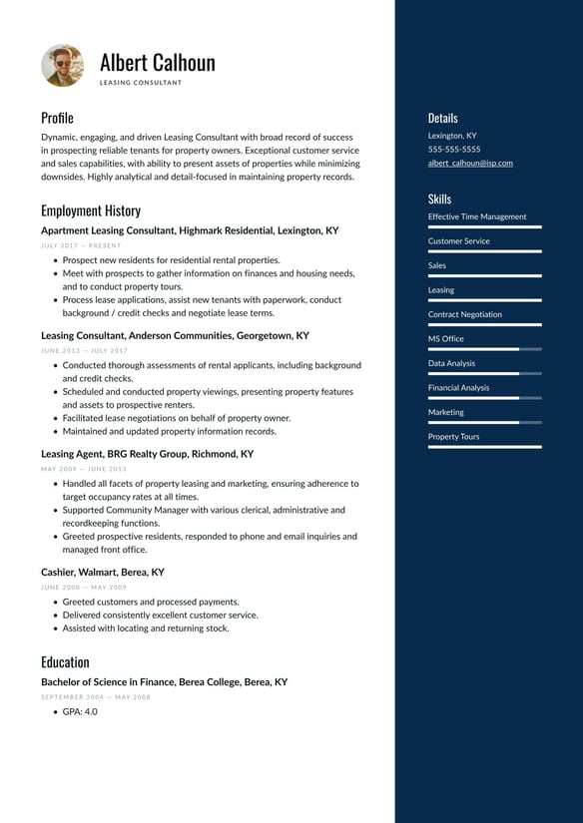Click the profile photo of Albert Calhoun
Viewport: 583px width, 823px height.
coord(63,66)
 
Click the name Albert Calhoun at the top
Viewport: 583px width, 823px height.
coord(157,63)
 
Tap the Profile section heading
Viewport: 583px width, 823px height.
coord(57,118)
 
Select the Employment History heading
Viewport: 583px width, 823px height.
coord(91,210)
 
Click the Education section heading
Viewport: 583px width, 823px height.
coord(65,662)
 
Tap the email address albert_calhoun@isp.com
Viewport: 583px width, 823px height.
coord(470,163)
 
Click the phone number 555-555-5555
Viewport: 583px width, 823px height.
coord(454,149)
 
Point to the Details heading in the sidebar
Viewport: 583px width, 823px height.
coord(443,118)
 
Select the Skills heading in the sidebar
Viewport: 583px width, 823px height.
coord(439,200)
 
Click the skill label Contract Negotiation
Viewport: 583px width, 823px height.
coord(465,314)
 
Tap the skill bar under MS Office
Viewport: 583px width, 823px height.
coord(484,349)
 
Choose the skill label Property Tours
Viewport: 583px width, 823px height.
coord(453,436)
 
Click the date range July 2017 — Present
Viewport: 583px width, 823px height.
coord(81,245)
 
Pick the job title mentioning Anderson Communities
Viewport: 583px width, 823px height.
coord(175,336)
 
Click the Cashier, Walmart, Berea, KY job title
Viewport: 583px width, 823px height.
coord(103,573)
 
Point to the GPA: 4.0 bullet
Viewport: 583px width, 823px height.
coord(80,712)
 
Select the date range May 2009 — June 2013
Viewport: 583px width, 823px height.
coord(84,469)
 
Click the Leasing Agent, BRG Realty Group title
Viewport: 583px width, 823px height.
coord(147,454)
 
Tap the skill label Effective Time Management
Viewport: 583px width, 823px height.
coord(477,216)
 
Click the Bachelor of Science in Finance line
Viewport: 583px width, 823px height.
coord(164,682)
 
